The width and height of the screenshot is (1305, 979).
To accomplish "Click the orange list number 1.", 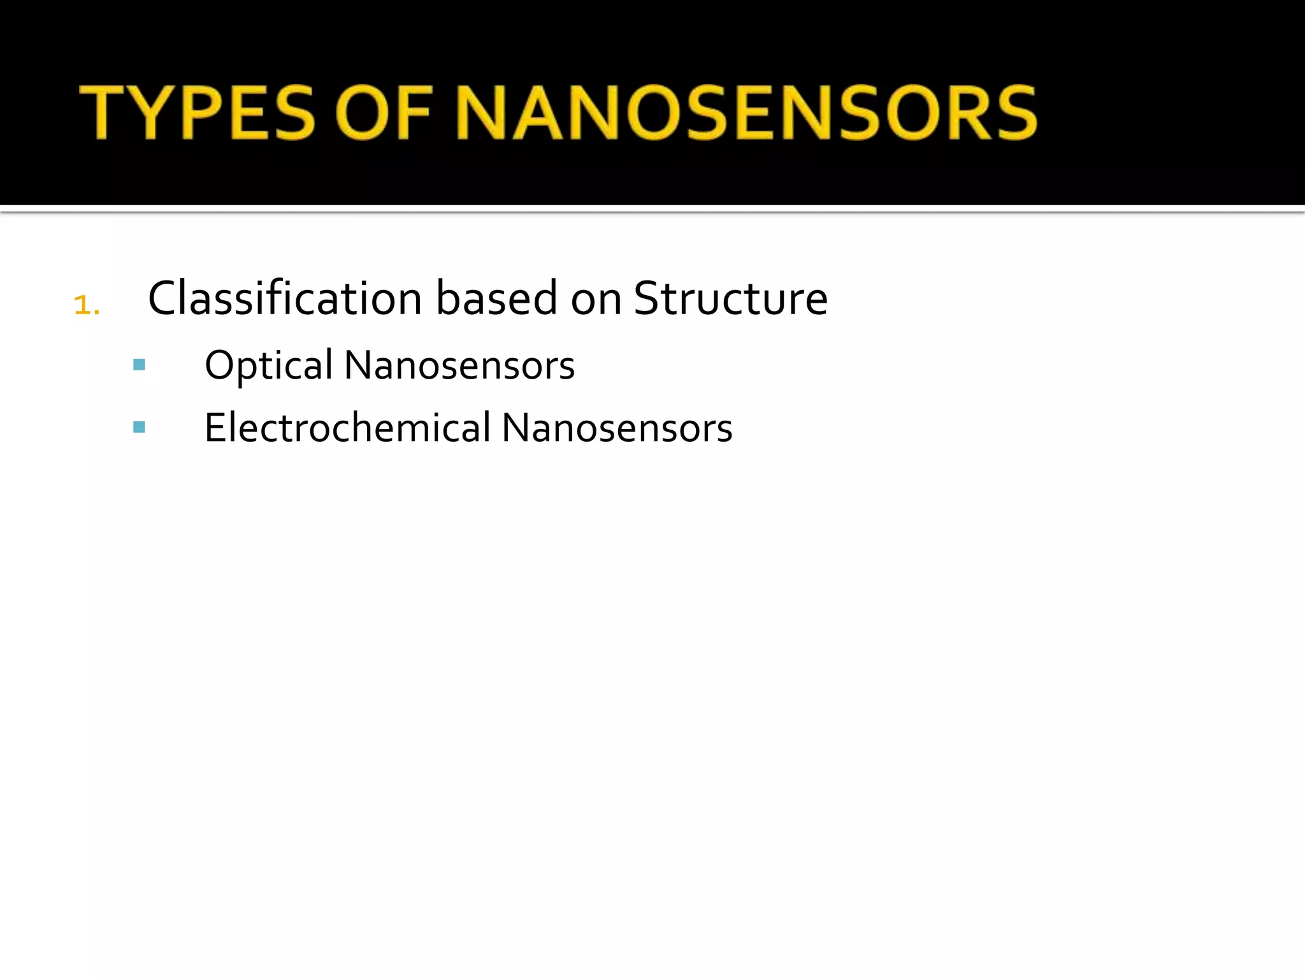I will (x=85, y=305).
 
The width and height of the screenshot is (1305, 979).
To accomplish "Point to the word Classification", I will (x=285, y=298).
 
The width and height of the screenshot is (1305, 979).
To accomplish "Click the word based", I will (x=497, y=298).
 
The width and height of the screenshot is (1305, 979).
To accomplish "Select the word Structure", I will (x=731, y=298).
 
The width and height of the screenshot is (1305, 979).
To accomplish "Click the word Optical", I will (x=268, y=366).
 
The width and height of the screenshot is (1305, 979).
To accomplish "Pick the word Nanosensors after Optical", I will (x=459, y=366).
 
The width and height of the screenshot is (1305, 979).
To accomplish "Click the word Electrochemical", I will (x=347, y=428).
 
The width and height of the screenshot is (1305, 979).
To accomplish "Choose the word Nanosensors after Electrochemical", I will (x=617, y=428).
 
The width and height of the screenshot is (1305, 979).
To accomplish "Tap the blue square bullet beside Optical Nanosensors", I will (x=139, y=365).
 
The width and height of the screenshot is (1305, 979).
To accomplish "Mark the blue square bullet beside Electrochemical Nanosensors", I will (x=139, y=427).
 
